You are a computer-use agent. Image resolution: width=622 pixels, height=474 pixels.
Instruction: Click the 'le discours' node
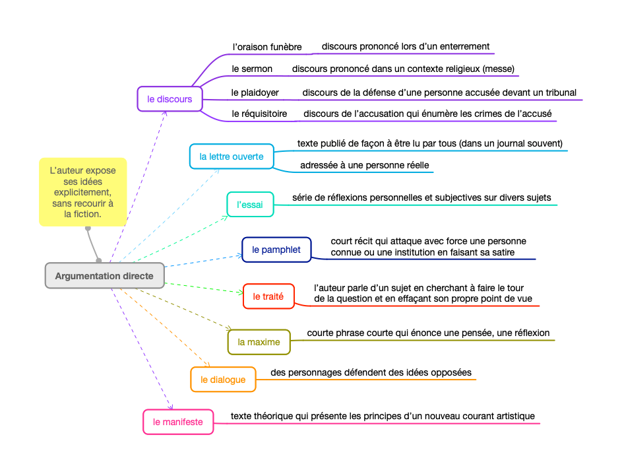170,99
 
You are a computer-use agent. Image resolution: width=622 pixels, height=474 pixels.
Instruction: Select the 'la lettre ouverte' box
231,156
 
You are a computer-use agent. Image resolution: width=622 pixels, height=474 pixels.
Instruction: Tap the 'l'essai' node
249,205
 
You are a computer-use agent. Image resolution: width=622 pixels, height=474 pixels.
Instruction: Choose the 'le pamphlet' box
276,250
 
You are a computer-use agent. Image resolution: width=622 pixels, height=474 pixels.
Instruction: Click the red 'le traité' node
268,296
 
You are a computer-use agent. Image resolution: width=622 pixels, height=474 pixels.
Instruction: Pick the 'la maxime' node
259,342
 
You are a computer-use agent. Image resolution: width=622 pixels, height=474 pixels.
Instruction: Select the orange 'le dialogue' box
223,380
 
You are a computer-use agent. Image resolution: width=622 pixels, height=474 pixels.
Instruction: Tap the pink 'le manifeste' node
178,422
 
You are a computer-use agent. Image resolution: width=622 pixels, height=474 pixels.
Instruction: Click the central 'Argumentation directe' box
104,275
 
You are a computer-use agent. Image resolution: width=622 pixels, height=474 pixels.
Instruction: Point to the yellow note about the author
82,191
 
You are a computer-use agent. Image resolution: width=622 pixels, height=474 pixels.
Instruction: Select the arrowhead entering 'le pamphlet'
239,255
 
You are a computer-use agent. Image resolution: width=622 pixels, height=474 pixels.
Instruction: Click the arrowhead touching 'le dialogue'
208,364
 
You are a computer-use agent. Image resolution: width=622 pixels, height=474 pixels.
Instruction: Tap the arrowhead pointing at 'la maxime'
229,328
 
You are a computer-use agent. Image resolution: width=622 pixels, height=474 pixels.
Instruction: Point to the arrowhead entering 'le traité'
240,292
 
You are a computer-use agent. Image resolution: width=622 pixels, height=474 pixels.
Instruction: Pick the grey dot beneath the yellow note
88,229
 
